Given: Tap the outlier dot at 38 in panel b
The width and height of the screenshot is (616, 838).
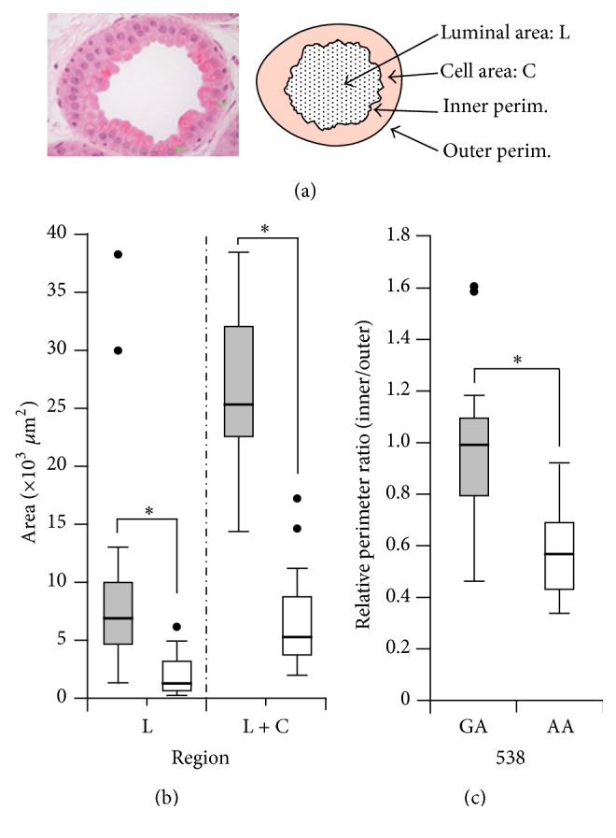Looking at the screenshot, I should point(118,254).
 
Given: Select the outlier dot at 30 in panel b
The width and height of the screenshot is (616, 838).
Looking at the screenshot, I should point(118,350).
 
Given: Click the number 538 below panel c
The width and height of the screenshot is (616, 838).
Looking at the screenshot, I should point(505,758).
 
